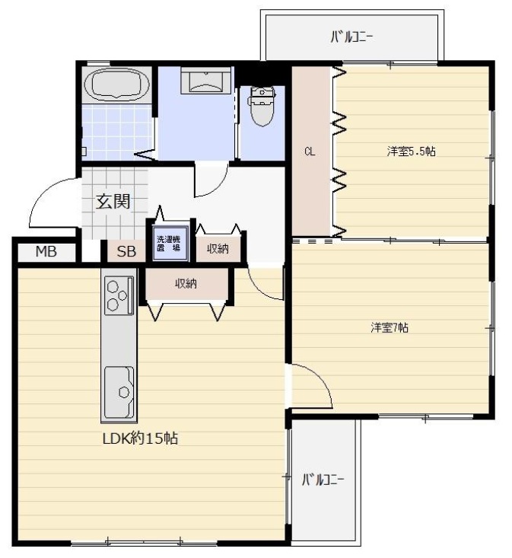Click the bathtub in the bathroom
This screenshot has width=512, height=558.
[x=116, y=85]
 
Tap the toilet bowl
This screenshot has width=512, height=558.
[x=262, y=107]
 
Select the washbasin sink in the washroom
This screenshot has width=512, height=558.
[x=206, y=81]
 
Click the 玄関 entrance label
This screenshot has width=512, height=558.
[x=113, y=202]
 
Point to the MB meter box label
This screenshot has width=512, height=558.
[x=46, y=252]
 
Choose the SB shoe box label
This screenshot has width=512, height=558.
[x=126, y=252]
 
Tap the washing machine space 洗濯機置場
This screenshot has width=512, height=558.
[x=170, y=244]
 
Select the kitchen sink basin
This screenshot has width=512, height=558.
[x=119, y=392]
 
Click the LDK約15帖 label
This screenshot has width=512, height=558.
[x=140, y=438]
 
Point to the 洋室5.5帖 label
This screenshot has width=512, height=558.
[x=411, y=151]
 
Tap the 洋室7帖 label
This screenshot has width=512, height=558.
[x=390, y=327]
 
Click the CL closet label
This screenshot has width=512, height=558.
[x=310, y=152]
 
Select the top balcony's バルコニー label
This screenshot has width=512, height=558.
[x=351, y=37]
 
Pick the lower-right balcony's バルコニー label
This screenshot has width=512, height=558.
[x=323, y=480]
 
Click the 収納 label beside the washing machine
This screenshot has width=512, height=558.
[x=218, y=249]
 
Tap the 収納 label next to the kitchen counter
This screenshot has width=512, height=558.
[x=186, y=284]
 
